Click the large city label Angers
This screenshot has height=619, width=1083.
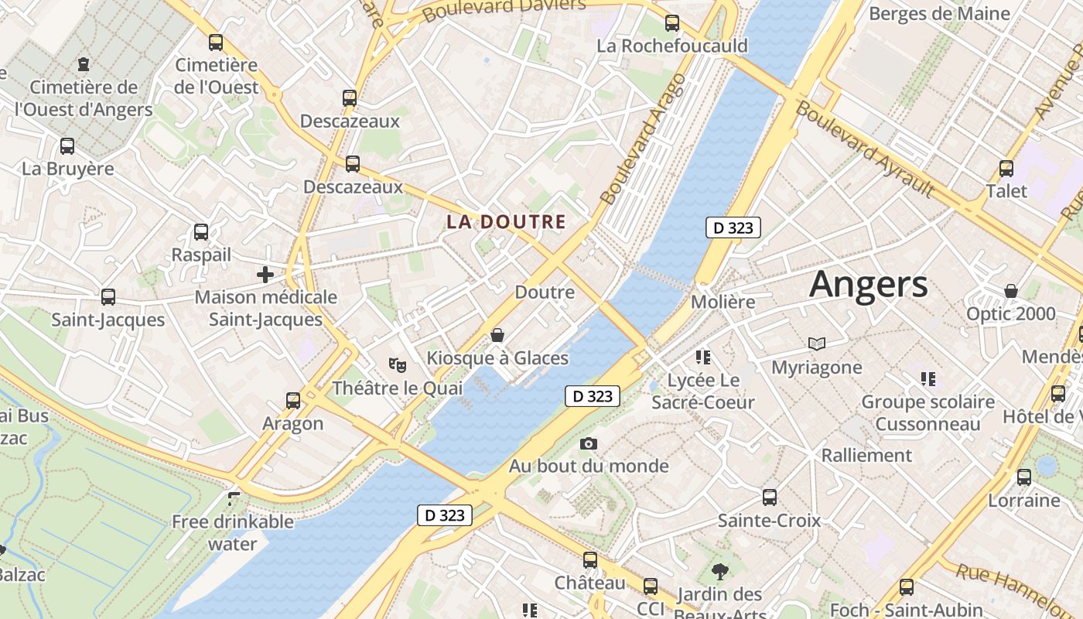868,285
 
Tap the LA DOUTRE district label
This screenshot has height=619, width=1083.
507,222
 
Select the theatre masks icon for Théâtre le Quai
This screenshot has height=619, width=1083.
398,364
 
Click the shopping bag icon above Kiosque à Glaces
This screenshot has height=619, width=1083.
497,335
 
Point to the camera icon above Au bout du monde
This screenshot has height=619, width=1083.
589,443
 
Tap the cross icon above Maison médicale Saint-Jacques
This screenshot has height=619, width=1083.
265,274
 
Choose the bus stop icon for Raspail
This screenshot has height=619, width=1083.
201,231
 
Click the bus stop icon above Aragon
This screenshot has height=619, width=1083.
293,400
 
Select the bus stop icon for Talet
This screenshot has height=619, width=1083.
1006,168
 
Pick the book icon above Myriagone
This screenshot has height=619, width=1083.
817,344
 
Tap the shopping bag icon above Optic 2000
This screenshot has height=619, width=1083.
1010,291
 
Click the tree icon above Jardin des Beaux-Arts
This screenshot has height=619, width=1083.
720,572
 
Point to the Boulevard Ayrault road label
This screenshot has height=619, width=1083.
865,149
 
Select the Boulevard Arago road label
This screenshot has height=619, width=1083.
643,139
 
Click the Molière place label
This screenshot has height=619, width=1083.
723,302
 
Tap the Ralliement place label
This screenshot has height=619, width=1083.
866,455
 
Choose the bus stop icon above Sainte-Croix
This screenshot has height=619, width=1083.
770,497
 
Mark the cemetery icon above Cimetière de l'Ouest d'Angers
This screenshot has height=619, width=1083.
84,64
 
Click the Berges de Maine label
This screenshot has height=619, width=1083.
939,13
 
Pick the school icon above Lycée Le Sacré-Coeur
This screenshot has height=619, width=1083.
702,357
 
